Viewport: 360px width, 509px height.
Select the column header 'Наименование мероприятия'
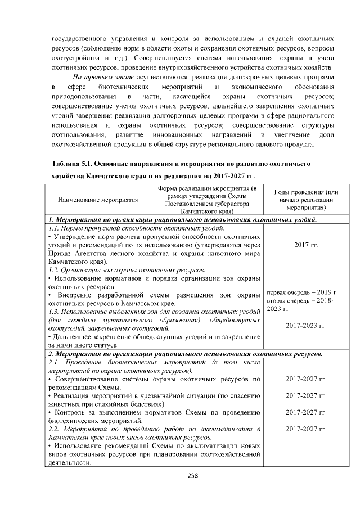[98, 200]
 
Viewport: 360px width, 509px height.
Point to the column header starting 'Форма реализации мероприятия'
[207, 200]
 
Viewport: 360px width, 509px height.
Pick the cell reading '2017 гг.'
[306, 245]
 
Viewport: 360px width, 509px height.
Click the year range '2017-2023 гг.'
[306, 325]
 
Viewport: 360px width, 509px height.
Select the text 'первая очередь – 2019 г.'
[301, 292]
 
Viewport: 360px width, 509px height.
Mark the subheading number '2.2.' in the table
[55, 429]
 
